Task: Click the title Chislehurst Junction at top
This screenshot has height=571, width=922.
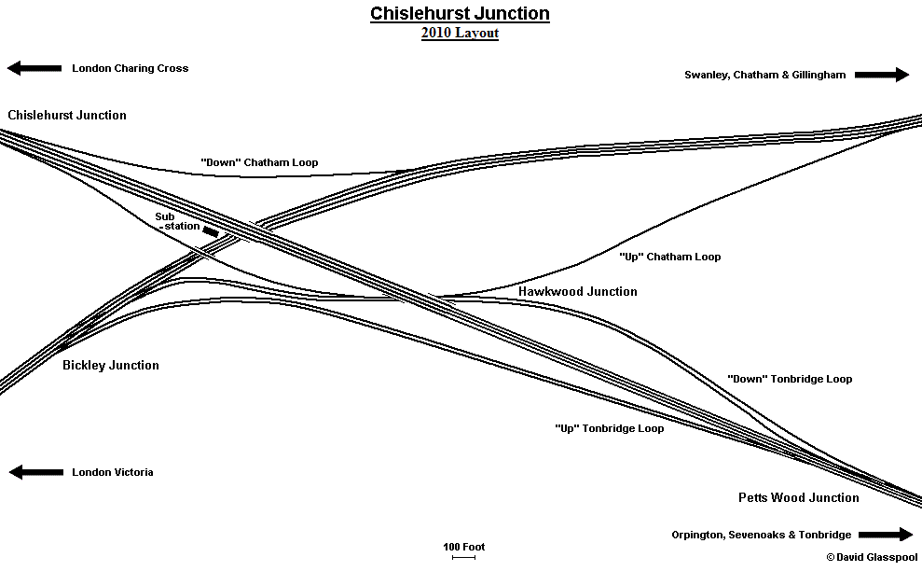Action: [x=460, y=13]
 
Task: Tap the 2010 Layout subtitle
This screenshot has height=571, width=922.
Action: [x=460, y=34]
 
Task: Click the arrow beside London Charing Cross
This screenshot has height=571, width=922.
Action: [x=34, y=68]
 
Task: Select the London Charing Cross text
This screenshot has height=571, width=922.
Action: [x=130, y=68]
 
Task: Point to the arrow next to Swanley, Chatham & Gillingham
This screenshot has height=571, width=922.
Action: [x=882, y=75]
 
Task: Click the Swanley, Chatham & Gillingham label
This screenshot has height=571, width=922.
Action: [x=764, y=75]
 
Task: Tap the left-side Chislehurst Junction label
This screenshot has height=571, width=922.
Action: [x=67, y=115]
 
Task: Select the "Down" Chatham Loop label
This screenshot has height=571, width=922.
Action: [x=259, y=162]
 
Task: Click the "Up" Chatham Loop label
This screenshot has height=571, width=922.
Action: [x=669, y=257]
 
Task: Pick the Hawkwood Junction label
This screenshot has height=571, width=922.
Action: [x=578, y=291]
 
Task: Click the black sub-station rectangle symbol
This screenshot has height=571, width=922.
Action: [x=211, y=231]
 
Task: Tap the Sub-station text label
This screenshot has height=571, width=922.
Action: [x=177, y=222]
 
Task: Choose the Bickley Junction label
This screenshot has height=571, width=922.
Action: [x=111, y=365]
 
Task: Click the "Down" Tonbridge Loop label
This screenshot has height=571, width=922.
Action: [x=789, y=379]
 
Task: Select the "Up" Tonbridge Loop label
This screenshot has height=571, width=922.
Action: [x=609, y=429]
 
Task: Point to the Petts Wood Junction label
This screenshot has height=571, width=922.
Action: [x=799, y=497]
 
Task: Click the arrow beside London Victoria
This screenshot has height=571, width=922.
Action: [x=35, y=472]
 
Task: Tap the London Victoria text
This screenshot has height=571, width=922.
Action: [x=112, y=472]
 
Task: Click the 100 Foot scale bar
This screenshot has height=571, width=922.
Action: [x=463, y=557]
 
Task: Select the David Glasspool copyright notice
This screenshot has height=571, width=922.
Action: [x=871, y=557]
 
